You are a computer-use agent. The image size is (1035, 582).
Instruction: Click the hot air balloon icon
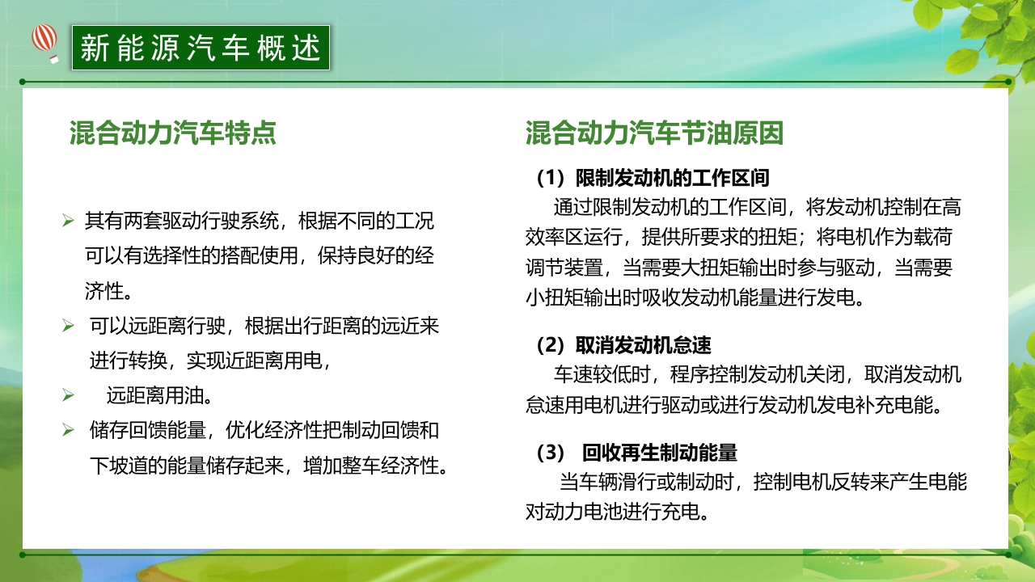[x=45, y=41]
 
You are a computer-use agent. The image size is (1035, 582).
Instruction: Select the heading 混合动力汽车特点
[x=173, y=133]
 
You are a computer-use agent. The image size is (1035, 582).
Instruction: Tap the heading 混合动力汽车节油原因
[x=654, y=133]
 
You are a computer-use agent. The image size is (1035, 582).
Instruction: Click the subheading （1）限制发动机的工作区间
[x=653, y=177]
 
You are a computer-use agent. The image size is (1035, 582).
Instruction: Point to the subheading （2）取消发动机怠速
[x=623, y=346]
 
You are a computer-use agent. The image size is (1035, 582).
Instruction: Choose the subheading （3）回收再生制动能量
[x=636, y=453]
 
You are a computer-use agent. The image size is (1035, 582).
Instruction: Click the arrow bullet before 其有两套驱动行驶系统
[x=68, y=220]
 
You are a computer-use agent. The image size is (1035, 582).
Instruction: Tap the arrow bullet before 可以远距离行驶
[x=68, y=326]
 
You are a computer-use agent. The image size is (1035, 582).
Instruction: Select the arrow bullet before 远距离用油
[x=68, y=396]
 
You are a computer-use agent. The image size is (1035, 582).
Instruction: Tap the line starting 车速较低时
[x=757, y=375]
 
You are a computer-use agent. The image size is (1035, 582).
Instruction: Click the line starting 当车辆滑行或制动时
[x=763, y=483]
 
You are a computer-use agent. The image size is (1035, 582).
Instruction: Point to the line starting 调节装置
[x=739, y=268]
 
